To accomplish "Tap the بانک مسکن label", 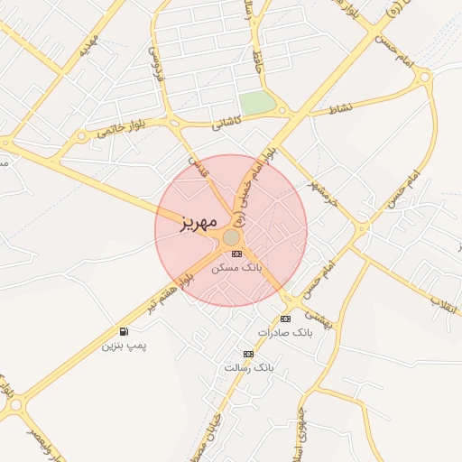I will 236,269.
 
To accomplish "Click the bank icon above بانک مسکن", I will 237,254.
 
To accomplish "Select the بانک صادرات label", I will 284,333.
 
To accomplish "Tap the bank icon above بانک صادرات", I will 286,319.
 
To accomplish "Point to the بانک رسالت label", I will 248,368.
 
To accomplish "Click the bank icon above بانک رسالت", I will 248,354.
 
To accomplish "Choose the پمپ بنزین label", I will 124,346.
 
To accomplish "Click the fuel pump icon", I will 124,331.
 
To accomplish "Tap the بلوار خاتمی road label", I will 120,132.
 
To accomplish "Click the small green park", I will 257,103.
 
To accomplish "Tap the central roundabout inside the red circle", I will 232,236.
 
